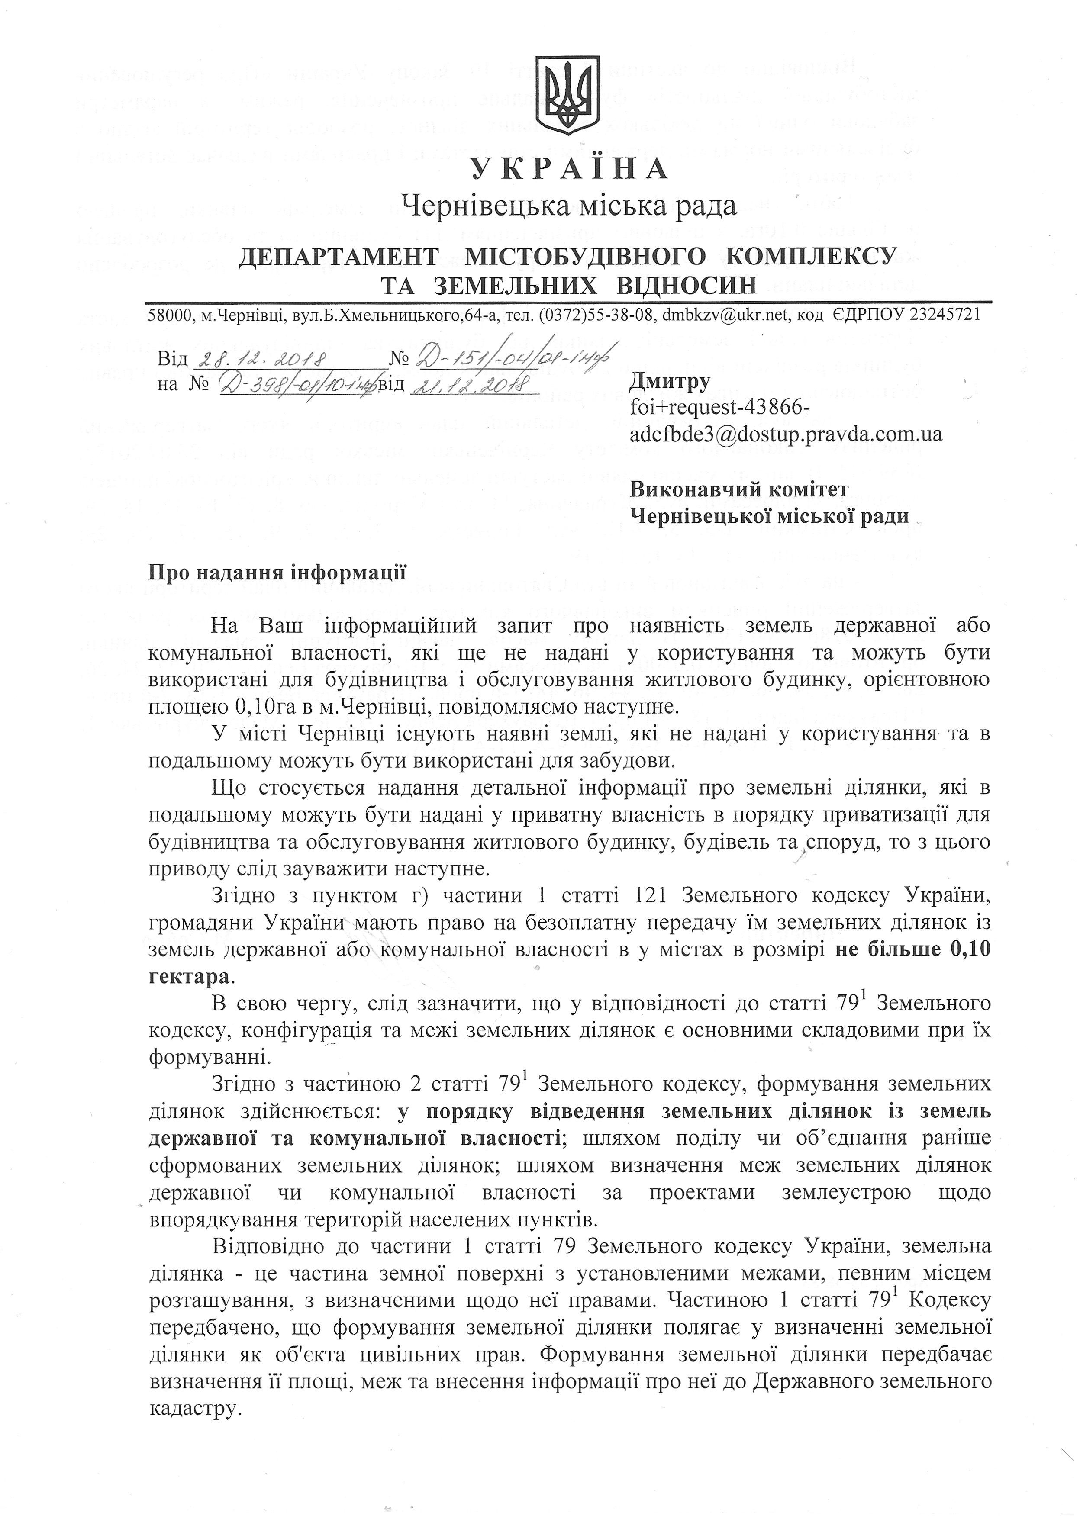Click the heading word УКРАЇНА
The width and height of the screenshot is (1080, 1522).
(x=570, y=169)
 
